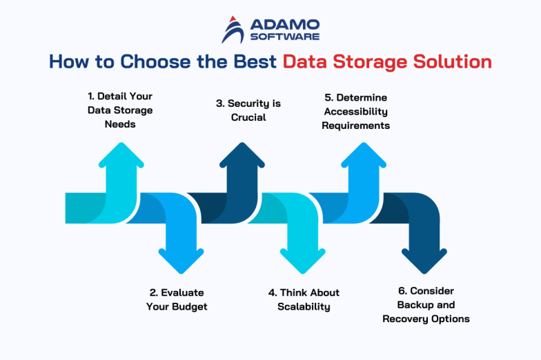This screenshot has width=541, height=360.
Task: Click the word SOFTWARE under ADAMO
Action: coord(284,37)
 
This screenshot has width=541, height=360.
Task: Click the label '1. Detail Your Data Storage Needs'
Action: coord(119,110)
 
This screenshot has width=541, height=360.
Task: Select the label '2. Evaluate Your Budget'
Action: coord(177,299)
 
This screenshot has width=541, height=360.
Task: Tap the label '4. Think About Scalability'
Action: coord(304,299)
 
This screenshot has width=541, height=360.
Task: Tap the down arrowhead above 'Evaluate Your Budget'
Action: coord(181,259)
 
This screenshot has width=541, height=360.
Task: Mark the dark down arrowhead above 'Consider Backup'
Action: coord(424,259)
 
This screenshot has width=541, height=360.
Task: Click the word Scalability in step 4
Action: coord(304,306)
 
